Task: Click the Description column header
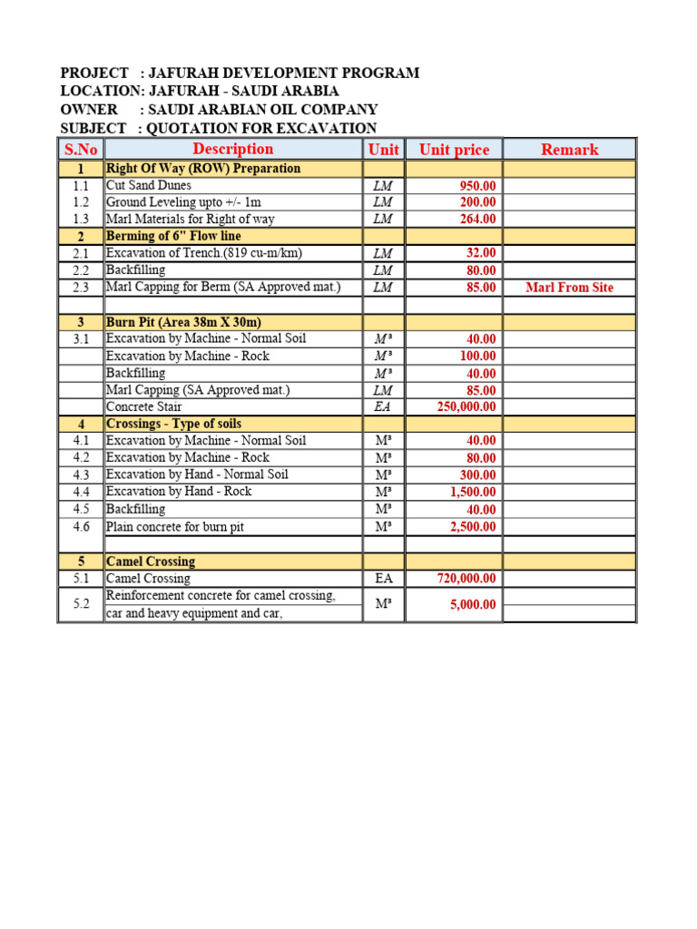232,149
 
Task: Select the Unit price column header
454,150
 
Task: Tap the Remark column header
569,150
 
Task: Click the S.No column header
81,150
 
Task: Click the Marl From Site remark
569,288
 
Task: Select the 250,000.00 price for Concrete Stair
466,406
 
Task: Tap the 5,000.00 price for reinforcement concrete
474,605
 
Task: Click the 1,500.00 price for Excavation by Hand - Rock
474,492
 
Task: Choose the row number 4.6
81,526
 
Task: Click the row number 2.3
81,288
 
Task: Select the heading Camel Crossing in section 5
150,562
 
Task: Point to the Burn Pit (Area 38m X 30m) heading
183,322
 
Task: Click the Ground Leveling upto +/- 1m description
183,202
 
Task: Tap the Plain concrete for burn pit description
175,526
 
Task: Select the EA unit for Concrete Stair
383,406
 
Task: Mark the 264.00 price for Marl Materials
477,219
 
